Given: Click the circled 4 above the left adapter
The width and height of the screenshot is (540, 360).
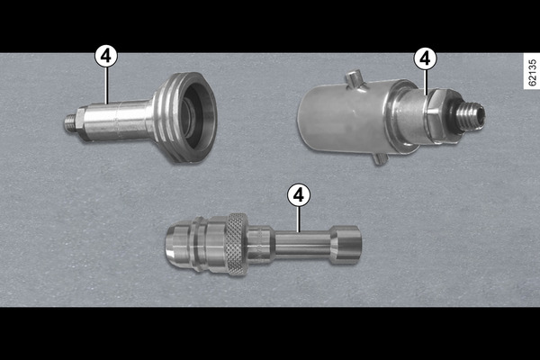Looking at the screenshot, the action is tap(106, 56).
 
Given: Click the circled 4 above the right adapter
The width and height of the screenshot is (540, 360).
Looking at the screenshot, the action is tap(426, 58).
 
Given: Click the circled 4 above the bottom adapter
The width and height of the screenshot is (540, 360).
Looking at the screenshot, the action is tap(299, 195).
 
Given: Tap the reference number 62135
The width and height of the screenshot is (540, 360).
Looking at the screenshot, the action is tap(532, 72).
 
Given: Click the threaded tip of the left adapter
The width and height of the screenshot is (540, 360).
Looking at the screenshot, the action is tap(69, 123).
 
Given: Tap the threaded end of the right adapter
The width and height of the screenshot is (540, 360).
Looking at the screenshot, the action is tap(471, 113).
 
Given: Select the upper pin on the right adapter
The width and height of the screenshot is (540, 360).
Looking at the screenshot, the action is tap(355, 78).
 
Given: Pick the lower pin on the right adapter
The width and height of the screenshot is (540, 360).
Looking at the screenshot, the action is tap(380, 158).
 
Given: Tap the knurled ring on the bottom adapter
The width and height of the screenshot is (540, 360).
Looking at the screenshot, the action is tap(236, 244).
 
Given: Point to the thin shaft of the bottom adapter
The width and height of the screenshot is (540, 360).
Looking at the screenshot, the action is tap(303, 244).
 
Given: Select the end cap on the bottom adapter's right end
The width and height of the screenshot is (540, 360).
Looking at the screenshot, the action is tap(346, 245).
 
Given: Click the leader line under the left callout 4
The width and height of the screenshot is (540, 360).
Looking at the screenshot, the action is tap(107, 85).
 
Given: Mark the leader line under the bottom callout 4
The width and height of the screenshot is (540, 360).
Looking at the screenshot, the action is tap(299, 219).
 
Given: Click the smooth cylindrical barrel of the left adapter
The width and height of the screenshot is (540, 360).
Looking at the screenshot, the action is tap(117, 121).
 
